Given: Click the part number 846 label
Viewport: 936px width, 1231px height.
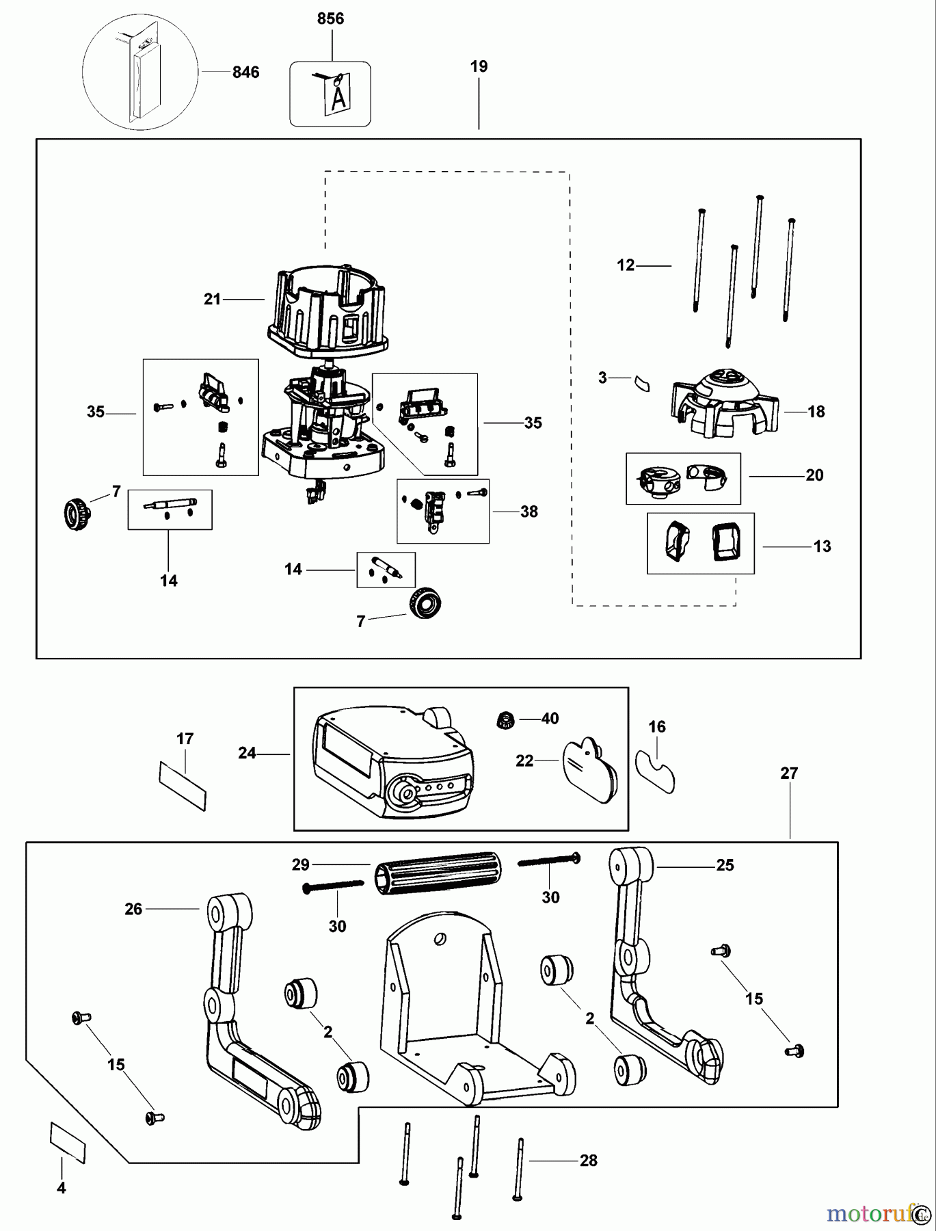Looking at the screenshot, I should coord(245,72).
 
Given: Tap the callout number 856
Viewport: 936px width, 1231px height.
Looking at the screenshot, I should coord(330,19).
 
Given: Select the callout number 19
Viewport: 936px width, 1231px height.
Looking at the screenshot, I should coord(479,67).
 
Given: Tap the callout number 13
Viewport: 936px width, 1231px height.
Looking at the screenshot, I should coord(822,546).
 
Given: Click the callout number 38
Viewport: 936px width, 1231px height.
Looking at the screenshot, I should coord(529,512).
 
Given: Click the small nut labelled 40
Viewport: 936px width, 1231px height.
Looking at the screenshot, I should coord(505,719).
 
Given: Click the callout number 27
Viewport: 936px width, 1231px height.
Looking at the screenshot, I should coord(789,773).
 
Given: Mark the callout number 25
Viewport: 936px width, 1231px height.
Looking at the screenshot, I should coord(725,866).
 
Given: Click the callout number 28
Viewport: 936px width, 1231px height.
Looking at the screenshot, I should coord(588,1161).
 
